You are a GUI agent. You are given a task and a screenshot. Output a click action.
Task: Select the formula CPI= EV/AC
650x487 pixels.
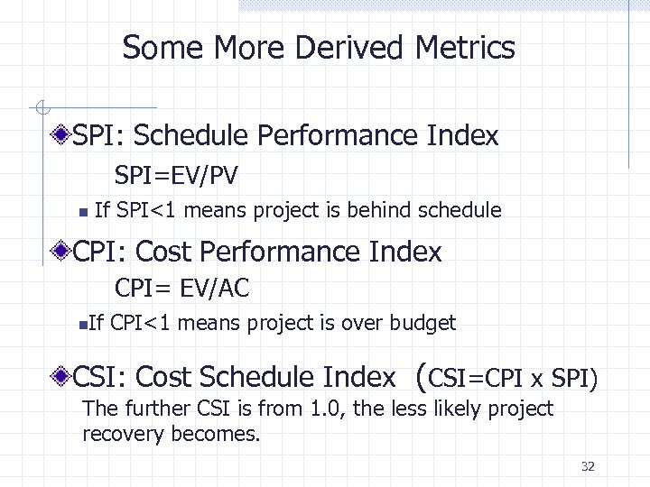pos(181,288)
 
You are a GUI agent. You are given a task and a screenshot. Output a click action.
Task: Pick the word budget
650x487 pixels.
pos(425,323)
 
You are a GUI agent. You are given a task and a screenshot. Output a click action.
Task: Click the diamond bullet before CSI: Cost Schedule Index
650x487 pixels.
pos(60,375)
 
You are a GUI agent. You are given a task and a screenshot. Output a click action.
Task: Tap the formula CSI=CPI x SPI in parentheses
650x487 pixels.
pos(508,375)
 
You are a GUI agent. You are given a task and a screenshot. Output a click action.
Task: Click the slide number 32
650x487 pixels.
pos(589,466)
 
